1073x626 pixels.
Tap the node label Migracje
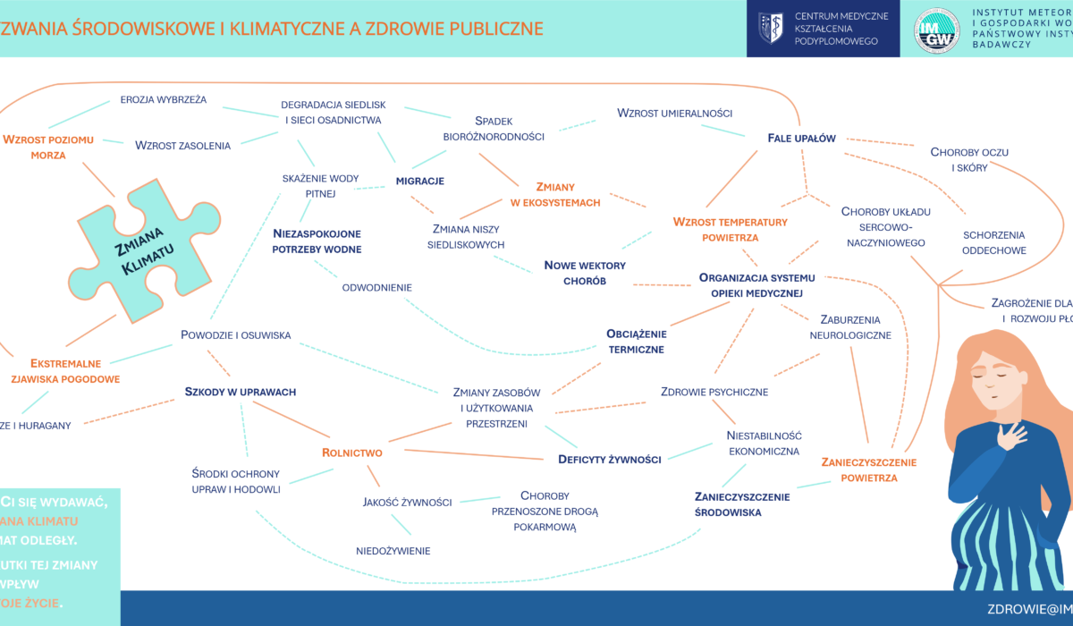point(419,182)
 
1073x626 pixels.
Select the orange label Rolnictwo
point(352,453)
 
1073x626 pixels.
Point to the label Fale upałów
point(801,138)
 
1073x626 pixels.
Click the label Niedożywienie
point(393,551)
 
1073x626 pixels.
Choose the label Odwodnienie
point(376,288)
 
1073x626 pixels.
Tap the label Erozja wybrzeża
point(164,99)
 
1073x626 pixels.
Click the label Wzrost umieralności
point(675,114)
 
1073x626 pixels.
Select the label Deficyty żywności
point(609,460)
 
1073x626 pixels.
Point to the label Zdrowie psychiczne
point(714,392)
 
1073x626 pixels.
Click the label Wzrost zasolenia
point(183,145)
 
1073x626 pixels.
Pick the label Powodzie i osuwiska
point(235,336)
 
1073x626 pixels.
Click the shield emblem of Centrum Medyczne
point(771,29)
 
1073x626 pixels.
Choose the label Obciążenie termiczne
point(636,342)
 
